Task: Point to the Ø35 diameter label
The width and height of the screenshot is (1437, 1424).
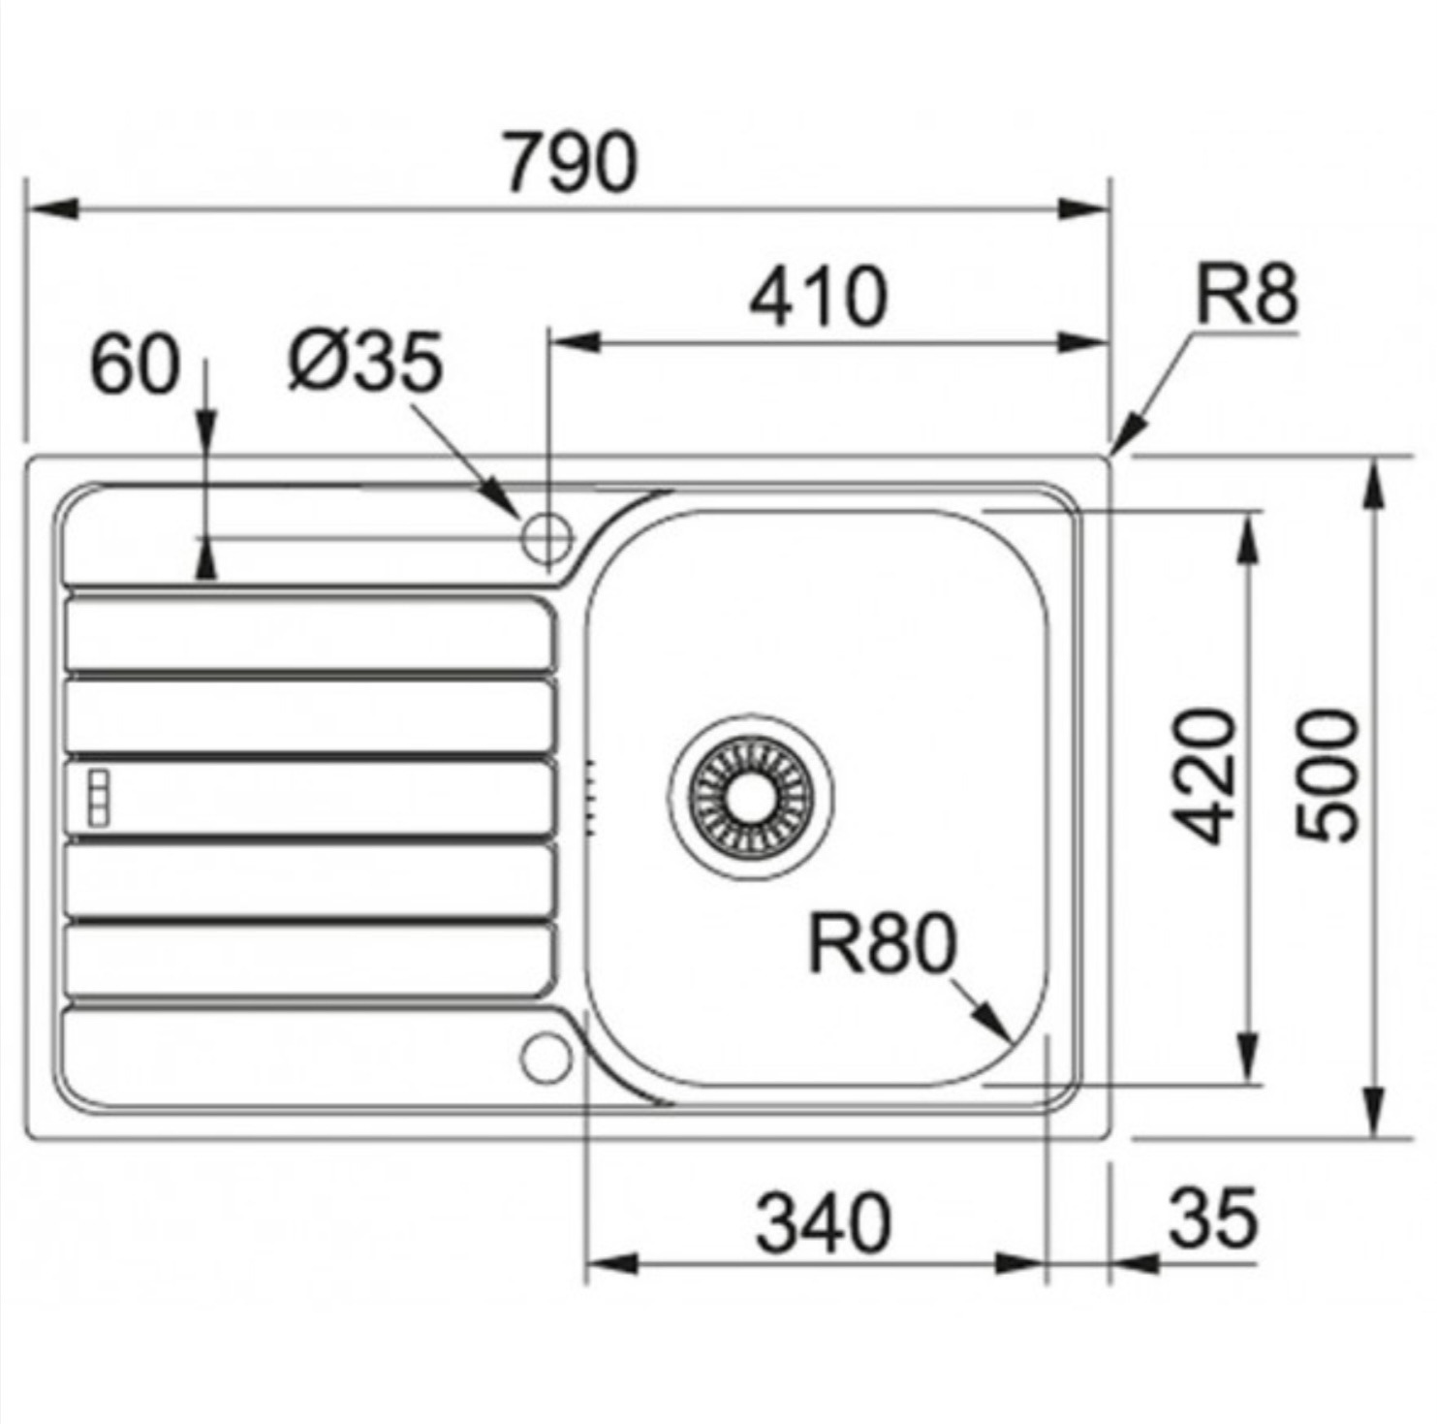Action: click(365, 362)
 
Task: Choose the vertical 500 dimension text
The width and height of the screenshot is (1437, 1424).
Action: click(1328, 775)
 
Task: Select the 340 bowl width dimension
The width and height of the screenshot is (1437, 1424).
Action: click(823, 1222)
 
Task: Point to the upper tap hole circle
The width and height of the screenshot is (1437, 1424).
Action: click(547, 536)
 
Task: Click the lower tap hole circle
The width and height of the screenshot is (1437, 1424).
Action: click(547, 1058)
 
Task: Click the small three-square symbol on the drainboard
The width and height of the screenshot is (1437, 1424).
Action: click(98, 798)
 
